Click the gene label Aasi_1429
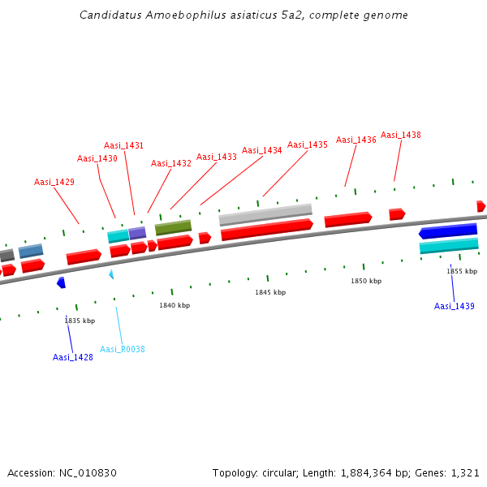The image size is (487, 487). (54, 182)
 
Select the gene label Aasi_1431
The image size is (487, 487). (123, 145)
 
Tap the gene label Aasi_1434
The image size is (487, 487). (261, 150)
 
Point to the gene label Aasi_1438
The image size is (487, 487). (400, 135)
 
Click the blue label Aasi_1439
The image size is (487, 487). (454, 306)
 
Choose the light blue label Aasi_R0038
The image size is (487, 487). (123, 349)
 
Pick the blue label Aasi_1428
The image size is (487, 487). (73, 357)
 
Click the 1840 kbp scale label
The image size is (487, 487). (175, 305)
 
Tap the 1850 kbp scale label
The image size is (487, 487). (366, 281)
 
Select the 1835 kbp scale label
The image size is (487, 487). (80, 321)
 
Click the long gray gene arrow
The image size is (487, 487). (265, 215)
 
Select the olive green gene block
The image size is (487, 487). (173, 227)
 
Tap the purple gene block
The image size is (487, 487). (137, 233)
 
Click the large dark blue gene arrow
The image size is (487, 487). (448, 231)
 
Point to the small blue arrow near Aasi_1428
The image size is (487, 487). (61, 282)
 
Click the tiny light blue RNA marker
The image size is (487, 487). (111, 274)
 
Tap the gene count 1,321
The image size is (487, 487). (464, 472)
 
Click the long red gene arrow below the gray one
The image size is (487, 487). (267, 230)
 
